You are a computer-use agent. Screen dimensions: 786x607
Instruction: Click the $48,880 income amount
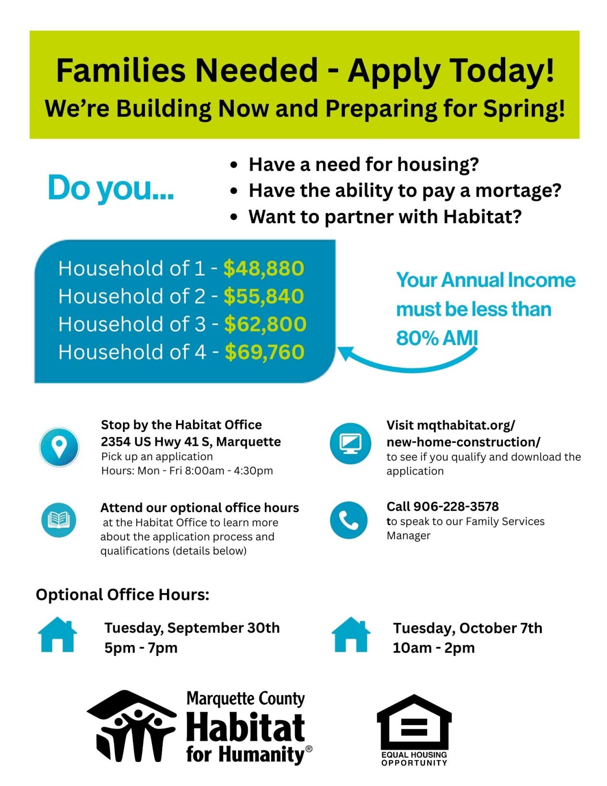[263, 268]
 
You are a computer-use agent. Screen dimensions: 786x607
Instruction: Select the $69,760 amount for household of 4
[264, 352]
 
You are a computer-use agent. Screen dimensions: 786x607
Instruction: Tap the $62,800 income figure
[265, 324]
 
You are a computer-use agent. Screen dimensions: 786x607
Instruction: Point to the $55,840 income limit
[263, 296]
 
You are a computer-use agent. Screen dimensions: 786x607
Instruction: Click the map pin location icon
[59, 447]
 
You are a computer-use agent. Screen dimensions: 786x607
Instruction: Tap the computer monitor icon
[350, 443]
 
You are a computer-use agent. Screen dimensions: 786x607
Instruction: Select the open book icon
[59, 520]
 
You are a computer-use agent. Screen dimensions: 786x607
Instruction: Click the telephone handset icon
[349, 520]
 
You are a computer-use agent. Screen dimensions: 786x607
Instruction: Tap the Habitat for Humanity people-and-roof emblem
[131, 726]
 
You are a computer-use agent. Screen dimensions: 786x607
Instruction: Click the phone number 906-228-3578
[456, 506]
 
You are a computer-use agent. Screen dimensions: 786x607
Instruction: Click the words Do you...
[110, 188]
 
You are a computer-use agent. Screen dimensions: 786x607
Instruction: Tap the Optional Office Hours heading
[122, 595]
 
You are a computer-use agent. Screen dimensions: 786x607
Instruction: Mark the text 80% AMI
[437, 338]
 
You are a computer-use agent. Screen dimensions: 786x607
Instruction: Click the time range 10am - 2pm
[433, 648]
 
